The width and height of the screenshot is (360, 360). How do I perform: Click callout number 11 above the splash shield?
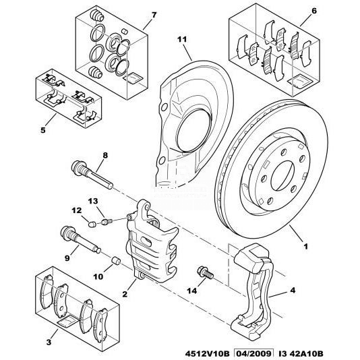pyautogui.click(x=182, y=39)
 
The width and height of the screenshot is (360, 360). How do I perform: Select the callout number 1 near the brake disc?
pyautogui.click(x=305, y=247)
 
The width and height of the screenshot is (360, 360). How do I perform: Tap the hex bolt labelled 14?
pyautogui.click(x=205, y=272)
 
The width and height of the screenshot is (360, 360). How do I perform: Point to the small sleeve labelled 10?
pyautogui.click(x=116, y=261)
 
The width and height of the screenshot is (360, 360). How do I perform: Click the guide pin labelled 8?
pyautogui.click(x=92, y=175)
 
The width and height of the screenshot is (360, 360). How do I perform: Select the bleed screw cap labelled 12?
pyautogui.click(x=92, y=224)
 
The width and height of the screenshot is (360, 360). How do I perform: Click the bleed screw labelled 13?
pyautogui.click(x=107, y=222)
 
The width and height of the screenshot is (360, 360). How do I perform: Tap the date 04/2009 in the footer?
pyautogui.click(x=253, y=353)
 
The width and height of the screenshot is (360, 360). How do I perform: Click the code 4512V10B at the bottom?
pyautogui.click(x=208, y=353)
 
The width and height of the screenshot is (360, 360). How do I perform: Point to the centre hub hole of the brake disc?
pyautogui.click(x=282, y=176)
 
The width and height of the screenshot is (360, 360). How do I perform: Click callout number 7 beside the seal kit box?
pyautogui.click(x=154, y=15)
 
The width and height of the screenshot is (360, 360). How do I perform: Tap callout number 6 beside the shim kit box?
pyautogui.click(x=314, y=11)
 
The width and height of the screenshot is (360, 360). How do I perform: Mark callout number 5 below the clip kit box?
pyautogui.click(x=43, y=130)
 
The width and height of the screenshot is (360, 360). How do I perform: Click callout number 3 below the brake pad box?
pyautogui.click(x=49, y=342)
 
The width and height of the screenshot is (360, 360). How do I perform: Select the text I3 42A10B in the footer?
pyautogui.click(x=301, y=353)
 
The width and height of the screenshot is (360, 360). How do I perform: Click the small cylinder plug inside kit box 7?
pyautogui.click(x=124, y=32)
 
